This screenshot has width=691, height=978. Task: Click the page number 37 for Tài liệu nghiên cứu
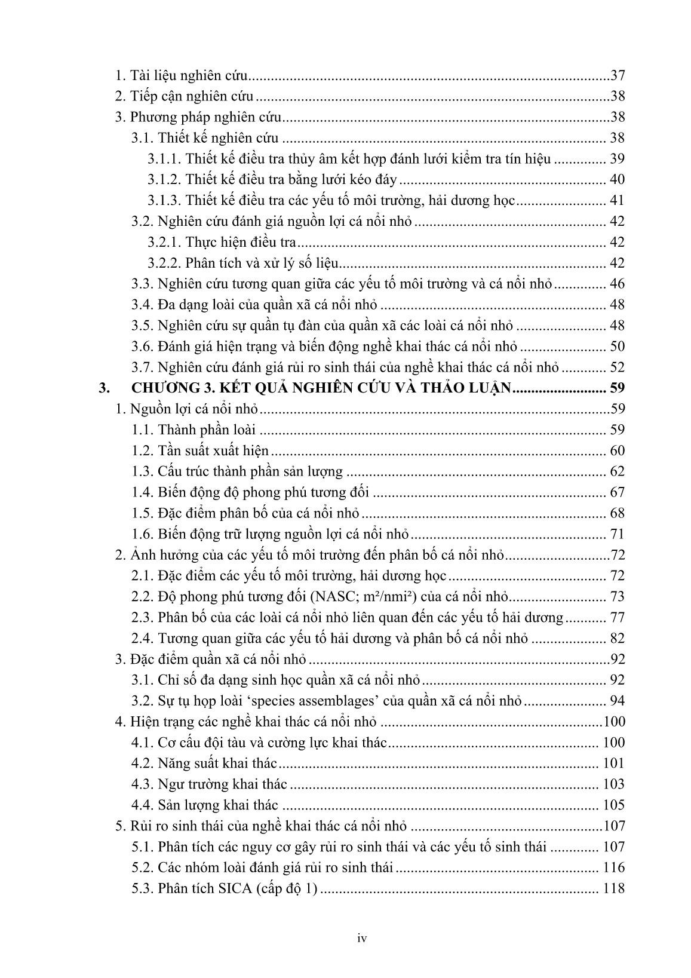(618, 76)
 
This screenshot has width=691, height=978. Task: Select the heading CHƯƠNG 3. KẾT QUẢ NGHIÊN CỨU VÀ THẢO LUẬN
(322, 388)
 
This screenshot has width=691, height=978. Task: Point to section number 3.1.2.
(164, 180)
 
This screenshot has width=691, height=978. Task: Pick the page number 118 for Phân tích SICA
(614, 888)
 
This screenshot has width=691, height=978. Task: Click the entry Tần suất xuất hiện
(213, 450)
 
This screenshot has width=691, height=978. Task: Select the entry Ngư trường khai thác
(222, 784)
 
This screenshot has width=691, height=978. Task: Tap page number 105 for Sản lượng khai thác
(614, 805)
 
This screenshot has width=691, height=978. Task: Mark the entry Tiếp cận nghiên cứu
(192, 97)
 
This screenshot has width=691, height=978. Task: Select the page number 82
(617, 638)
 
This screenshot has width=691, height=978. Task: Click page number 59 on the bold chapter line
(617, 388)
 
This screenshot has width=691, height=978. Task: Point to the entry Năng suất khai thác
(217, 764)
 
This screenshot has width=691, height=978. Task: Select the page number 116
(614, 867)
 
